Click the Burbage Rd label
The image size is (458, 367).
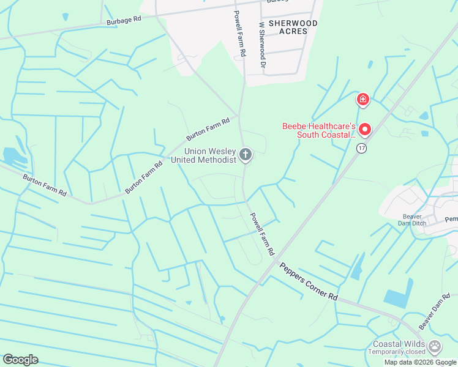coord(124,19)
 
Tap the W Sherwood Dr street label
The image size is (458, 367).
coord(262,45)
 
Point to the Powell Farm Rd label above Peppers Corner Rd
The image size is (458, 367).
coord(261,234)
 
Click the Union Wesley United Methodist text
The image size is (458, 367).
coord(204,155)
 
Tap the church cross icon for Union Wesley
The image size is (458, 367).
coord(246,155)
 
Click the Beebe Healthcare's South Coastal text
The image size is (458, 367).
coord(318,130)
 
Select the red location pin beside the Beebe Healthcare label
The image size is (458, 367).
coord(365,129)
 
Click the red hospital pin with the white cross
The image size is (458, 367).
coord(363,99)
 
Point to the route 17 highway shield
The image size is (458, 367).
coord(362,149)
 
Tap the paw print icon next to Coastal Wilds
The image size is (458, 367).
coord(435,347)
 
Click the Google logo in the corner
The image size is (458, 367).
coord(20,360)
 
